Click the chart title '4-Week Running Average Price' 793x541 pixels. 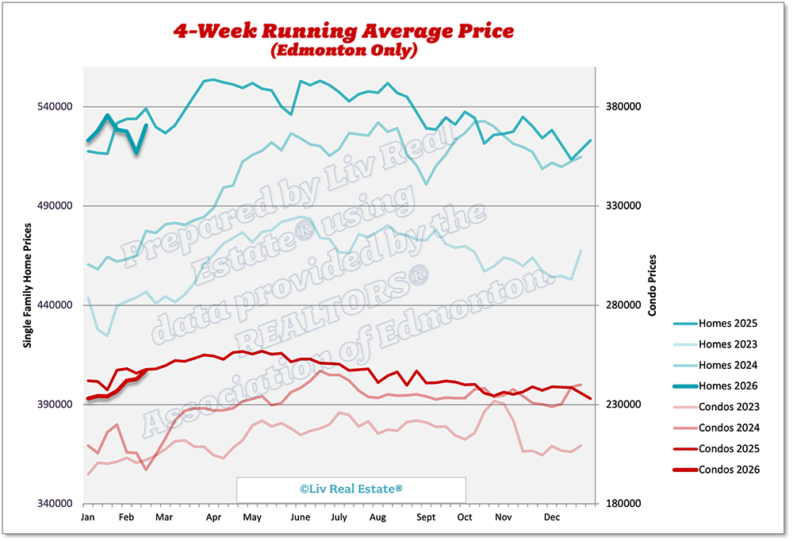point(344,31)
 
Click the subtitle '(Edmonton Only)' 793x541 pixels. point(343,50)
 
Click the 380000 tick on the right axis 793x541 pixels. point(622,107)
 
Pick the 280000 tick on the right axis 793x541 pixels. point(622,305)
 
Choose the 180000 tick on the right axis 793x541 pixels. point(622,505)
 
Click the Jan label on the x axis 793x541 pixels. point(88,517)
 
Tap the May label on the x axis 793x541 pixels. point(252,517)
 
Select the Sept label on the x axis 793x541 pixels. point(427,517)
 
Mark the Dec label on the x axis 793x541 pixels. point(552,517)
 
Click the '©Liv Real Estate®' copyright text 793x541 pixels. point(351,489)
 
